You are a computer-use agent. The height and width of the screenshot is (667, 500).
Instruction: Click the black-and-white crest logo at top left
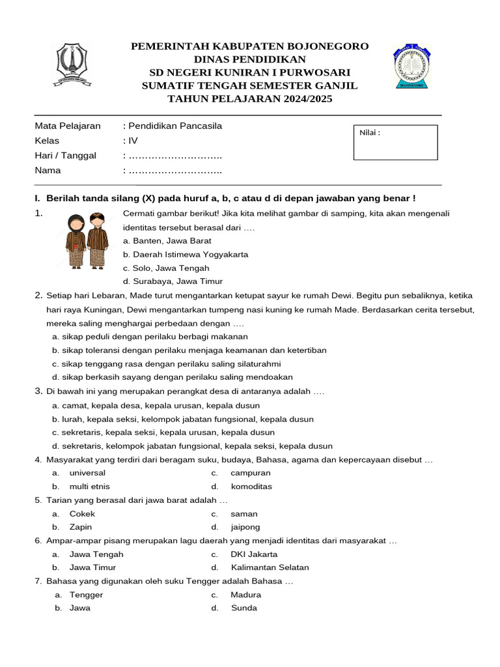pos(72,64)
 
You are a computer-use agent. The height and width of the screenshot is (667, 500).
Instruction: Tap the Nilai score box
pos(395,142)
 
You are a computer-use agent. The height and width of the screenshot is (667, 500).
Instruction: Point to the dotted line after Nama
pos(175,171)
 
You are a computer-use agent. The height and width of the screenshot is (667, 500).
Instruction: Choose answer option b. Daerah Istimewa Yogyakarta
pos(186,254)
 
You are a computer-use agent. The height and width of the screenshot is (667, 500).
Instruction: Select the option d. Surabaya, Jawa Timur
pos(173,281)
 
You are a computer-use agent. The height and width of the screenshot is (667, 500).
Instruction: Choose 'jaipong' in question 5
pos(245,527)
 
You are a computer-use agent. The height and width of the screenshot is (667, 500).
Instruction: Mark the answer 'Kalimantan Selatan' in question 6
pos(270,567)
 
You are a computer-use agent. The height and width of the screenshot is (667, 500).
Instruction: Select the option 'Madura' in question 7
pos(245,595)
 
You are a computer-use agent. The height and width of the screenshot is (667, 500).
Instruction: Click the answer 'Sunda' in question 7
pos(243,608)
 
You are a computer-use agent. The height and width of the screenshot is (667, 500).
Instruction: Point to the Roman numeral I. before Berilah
pos(38,198)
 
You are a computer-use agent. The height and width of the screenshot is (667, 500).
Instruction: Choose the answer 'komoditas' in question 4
pos(251,487)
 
